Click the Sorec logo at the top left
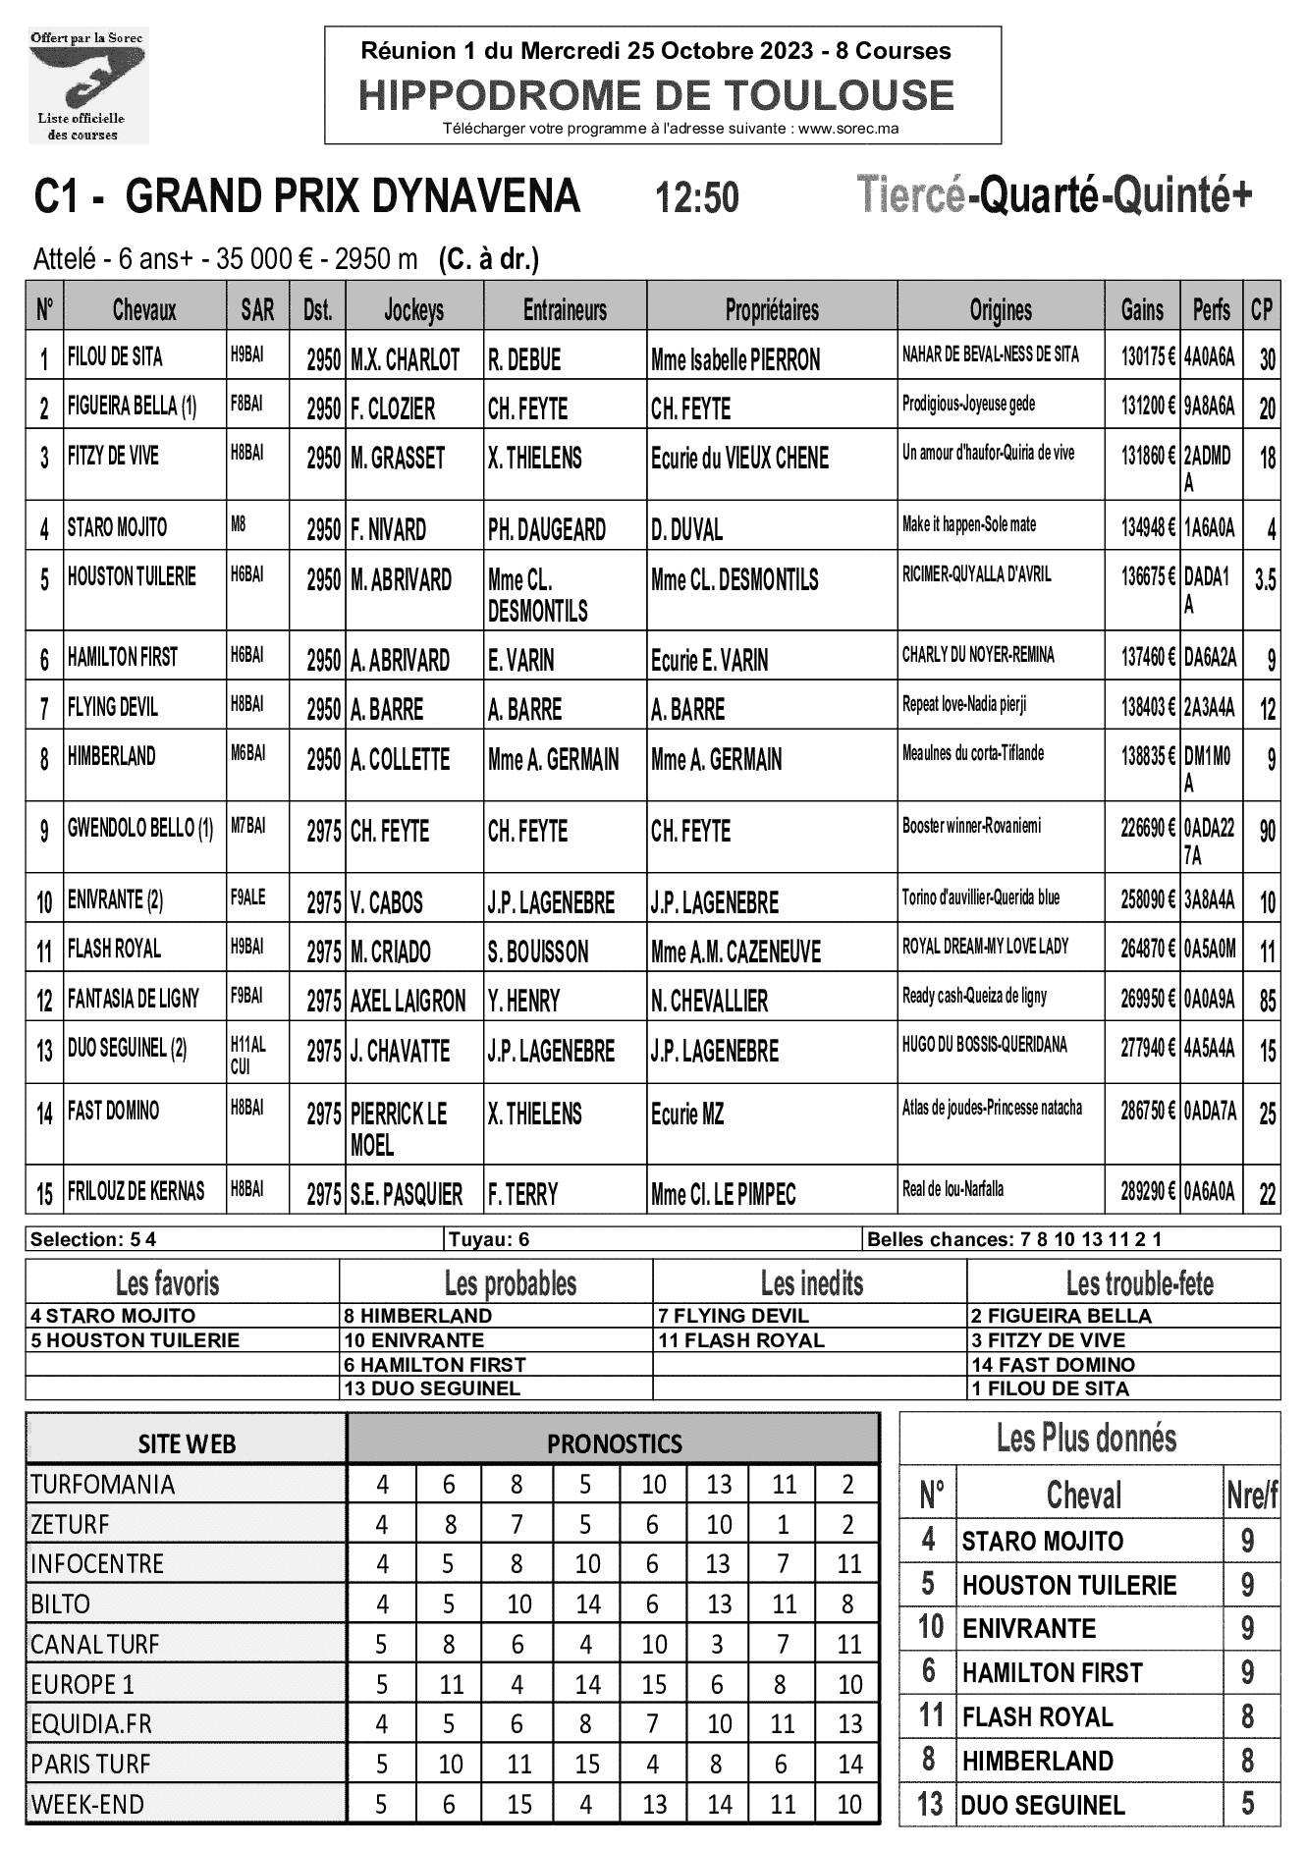pyautogui.click(x=87, y=85)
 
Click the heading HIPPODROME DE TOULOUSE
pyautogui.click(x=656, y=95)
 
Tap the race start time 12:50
pyautogui.click(x=696, y=198)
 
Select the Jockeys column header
pyautogui.click(x=413, y=310)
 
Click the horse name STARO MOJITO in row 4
pyautogui.click(x=117, y=527)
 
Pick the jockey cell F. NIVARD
pyautogui.click(x=389, y=530)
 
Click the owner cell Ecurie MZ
pyautogui.click(x=686, y=1114)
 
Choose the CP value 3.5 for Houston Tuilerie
pyautogui.click(x=1265, y=579)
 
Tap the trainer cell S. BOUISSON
pyautogui.click(x=538, y=952)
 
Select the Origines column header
pyautogui.click(x=1001, y=310)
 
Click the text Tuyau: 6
pyautogui.click(x=489, y=1239)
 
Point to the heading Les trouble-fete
pyautogui.click(x=1139, y=1282)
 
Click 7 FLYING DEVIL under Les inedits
pyautogui.click(x=733, y=1316)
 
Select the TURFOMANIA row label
pyautogui.click(x=102, y=1484)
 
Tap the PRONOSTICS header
pyautogui.click(x=614, y=1443)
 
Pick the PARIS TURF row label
pyautogui.click(x=91, y=1764)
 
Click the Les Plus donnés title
pyautogui.click(x=1086, y=1439)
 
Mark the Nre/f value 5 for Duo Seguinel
pyautogui.click(x=1247, y=1804)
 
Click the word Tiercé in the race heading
pyautogui.click(x=911, y=195)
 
